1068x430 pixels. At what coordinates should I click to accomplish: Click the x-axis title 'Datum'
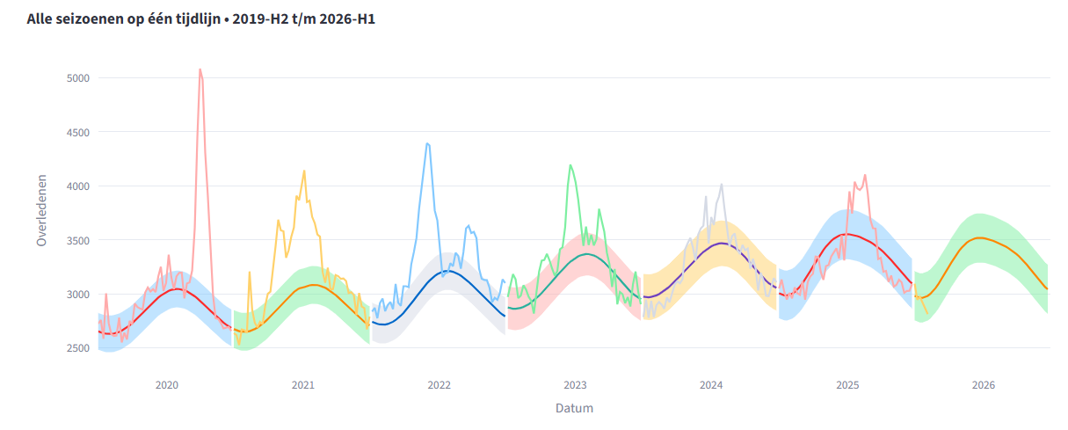coord(574,408)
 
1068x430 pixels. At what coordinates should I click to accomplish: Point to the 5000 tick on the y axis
coord(78,78)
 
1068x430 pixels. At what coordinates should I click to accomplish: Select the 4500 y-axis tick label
coord(78,132)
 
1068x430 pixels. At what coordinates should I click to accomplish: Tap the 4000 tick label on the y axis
coord(78,186)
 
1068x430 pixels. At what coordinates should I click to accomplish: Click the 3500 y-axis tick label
coord(78,240)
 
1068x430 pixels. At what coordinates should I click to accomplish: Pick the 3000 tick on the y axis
coord(78,295)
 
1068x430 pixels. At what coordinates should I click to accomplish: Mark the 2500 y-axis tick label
coord(78,348)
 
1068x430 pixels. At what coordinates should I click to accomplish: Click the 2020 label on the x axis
coord(167,385)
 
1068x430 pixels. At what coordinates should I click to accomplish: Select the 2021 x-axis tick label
coord(303,385)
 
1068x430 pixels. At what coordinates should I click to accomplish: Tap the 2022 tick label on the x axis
coord(440,385)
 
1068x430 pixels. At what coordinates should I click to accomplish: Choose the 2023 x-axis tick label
coord(575,385)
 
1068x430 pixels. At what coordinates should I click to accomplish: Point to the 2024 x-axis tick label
coord(711,385)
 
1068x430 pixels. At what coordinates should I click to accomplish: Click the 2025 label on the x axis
coord(847,385)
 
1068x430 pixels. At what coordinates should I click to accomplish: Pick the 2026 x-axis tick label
coord(984,385)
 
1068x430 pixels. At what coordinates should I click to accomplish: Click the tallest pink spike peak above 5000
coord(200,69)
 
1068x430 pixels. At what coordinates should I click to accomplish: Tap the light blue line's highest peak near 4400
coord(426,143)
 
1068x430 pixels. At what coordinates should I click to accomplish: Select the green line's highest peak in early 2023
coord(570,165)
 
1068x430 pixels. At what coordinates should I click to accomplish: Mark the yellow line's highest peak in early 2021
coord(304,171)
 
